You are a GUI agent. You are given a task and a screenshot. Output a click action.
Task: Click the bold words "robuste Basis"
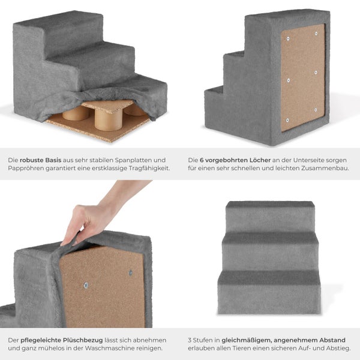(40, 160)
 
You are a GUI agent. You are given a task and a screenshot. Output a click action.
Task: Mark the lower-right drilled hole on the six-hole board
(316, 110)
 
